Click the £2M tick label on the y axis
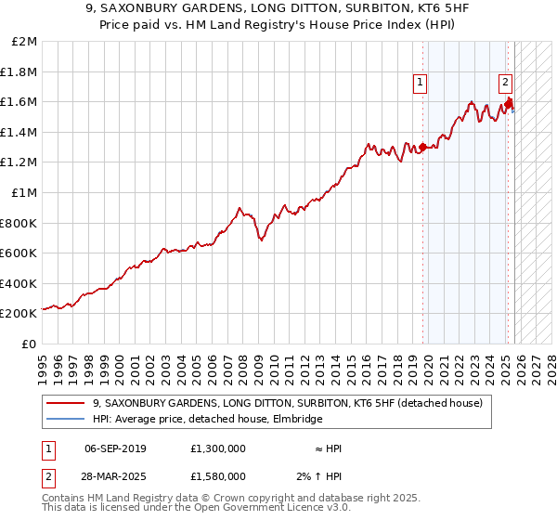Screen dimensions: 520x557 pos(24,42)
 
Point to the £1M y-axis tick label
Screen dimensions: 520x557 pos(24,193)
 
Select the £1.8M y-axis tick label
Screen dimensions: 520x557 pos(20,72)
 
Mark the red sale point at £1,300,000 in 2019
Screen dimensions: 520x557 pos(423,147)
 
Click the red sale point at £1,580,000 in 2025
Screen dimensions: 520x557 pos(509,104)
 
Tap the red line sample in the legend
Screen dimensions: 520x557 pos(66,404)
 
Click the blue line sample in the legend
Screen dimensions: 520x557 pos(66,420)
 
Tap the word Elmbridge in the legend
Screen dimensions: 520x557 pos(296,420)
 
